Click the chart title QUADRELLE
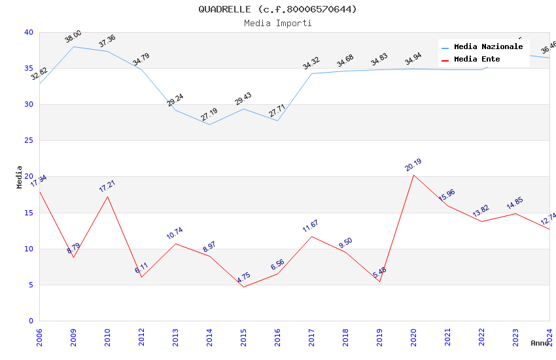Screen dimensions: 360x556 278,9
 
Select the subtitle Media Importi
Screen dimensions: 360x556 278,23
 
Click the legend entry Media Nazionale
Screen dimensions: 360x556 488,46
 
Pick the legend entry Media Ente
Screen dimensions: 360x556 477,59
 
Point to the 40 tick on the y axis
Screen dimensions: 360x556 28,32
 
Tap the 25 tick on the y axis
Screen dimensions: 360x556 28,141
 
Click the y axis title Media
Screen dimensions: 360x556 19,177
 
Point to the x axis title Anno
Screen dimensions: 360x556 540,343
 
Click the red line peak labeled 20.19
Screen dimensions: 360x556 413,175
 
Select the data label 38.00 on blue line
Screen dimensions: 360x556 73,37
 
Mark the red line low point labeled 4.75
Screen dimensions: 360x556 243,287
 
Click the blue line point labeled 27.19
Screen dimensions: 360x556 209,124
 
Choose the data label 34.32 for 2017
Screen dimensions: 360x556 311,63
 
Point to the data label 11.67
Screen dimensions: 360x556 311,226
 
